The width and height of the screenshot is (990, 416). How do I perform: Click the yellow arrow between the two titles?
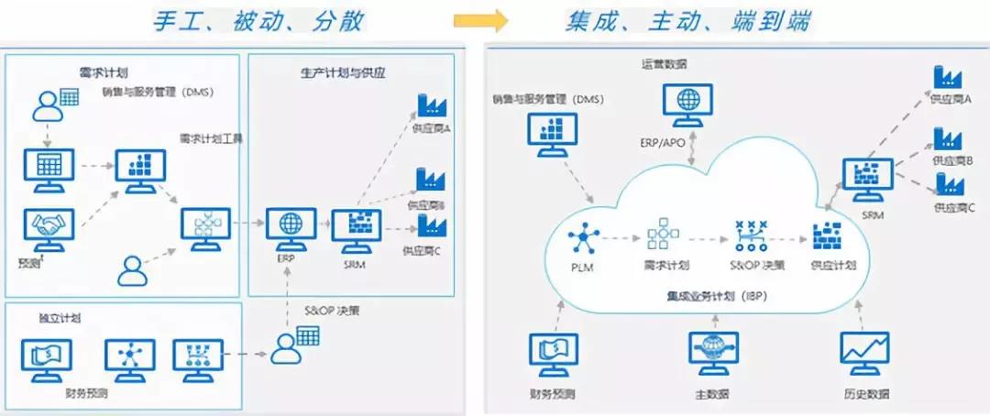480,21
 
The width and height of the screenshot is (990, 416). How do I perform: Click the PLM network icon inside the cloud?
582,241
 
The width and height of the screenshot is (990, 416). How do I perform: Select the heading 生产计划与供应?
342,72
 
